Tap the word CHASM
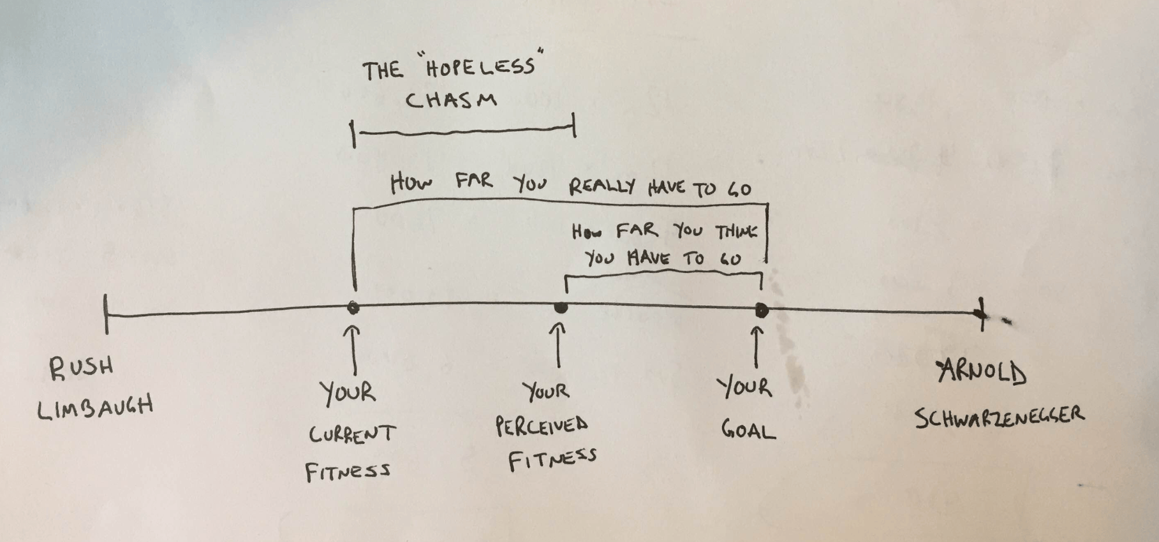click(x=451, y=100)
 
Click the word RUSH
click(x=81, y=369)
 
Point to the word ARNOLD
click(x=982, y=372)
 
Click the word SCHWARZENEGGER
click(x=1000, y=417)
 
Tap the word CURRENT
click(x=352, y=434)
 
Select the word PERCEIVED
click(x=542, y=426)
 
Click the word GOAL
click(x=748, y=430)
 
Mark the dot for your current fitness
click(x=353, y=308)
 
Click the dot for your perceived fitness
click(x=560, y=307)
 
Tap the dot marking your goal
click(x=762, y=311)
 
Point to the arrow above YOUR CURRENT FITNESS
click(x=353, y=350)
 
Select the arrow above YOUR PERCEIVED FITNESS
click(x=558, y=345)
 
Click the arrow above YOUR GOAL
click(x=756, y=347)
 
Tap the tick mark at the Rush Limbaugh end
click(x=106, y=314)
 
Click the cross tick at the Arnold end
click(x=981, y=314)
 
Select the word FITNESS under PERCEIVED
click(x=552, y=460)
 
